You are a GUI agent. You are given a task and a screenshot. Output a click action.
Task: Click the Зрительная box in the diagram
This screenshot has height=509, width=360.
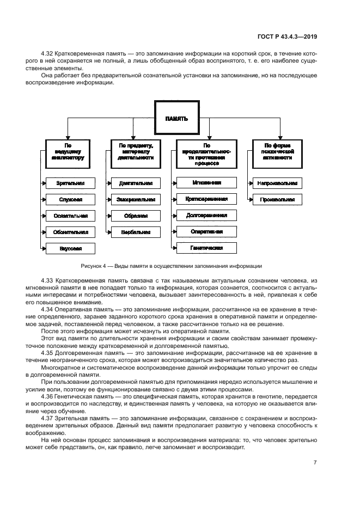tap(70, 183)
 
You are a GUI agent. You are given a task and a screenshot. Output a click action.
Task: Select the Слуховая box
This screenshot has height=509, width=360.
tap(70, 200)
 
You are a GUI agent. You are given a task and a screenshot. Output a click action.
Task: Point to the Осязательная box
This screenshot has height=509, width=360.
tap(70, 216)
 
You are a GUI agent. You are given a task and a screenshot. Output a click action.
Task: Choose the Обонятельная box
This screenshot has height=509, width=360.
tap(70, 232)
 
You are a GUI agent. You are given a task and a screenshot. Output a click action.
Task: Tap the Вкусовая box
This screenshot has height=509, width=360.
tap(70, 248)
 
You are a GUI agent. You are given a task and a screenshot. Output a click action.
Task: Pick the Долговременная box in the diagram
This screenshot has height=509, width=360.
tap(206, 215)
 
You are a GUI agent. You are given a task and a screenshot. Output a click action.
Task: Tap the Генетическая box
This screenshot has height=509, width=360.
tap(206, 248)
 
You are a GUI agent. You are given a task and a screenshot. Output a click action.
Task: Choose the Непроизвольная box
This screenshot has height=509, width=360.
tap(277, 183)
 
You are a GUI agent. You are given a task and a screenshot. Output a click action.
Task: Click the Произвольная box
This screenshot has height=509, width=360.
tap(277, 200)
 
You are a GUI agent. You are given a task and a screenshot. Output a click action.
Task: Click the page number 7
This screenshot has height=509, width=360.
tap(315, 462)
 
